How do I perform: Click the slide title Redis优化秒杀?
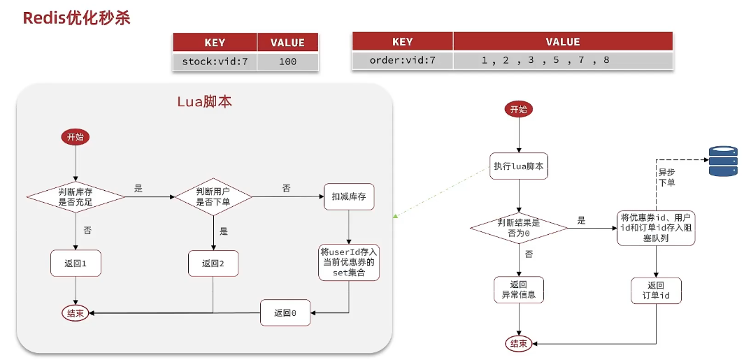coord(77,17)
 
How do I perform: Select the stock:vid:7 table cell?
coord(215,62)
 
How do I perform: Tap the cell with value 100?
coord(287,62)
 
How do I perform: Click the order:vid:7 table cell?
coord(403,60)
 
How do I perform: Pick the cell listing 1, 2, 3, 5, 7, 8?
coord(545,60)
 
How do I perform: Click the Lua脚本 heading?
coord(204,101)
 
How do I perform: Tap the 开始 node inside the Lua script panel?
coord(76,137)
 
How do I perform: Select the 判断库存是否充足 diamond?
coord(76,197)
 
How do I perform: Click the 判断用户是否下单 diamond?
coord(213,197)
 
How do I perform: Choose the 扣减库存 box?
coord(349,197)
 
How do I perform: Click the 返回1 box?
coord(76,263)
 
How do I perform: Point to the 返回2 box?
coord(213,263)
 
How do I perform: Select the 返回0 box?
coord(285,312)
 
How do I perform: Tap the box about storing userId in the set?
coord(349,262)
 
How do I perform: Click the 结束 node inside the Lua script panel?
coord(76,312)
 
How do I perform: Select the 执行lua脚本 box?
coord(519,166)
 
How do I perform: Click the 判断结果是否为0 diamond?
coord(519,228)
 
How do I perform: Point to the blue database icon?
coord(723,161)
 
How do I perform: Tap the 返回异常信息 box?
coord(519,289)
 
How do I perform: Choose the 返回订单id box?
coord(656,290)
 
